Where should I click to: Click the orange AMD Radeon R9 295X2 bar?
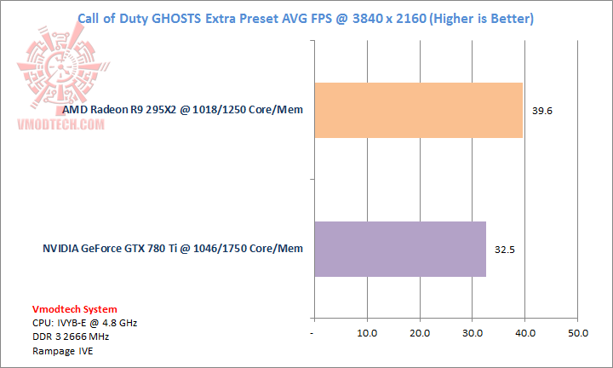tap(418, 110)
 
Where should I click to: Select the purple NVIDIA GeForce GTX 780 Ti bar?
tap(400, 249)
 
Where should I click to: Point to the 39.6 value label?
tap(541, 111)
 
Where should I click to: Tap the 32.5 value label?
tap(505, 250)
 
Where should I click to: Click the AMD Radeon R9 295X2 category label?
tap(183, 110)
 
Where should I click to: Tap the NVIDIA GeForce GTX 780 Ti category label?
tap(173, 249)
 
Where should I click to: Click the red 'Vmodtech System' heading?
tap(76, 309)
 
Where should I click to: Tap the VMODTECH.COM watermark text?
tap(59, 124)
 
